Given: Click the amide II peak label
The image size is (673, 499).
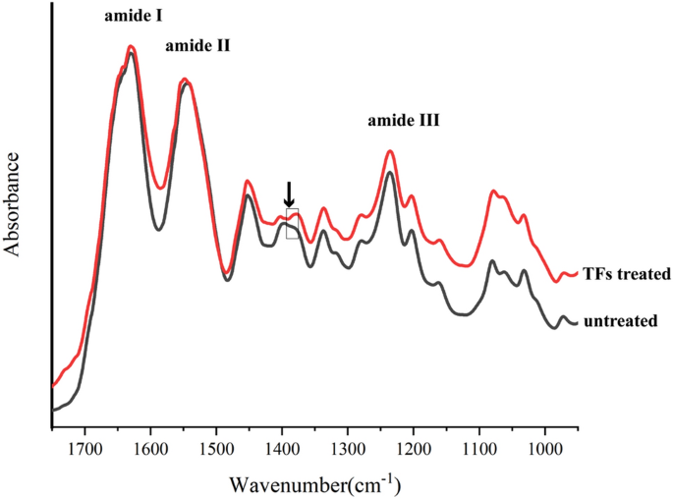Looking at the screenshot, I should pyautogui.click(x=196, y=44).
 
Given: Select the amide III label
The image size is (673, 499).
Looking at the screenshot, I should pyautogui.click(x=403, y=122).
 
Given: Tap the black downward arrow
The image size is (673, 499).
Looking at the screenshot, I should pyautogui.click(x=289, y=194).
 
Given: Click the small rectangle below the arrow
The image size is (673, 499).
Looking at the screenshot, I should pyautogui.click(x=292, y=223).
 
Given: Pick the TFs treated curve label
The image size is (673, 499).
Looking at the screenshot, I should pyautogui.click(x=626, y=274).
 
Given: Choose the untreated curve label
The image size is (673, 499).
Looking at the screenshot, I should pyautogui.click(x=619, y=321).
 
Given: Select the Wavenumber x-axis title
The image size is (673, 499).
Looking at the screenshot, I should pyautogui.click(x=314, y=482).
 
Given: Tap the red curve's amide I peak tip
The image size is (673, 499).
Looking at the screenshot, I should pyautogui.click(x=130, y=46).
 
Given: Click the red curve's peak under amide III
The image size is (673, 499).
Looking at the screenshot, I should pyautogui.click(x=390, y=151).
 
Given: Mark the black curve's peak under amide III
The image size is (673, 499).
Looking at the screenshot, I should pyautogui.click(x=390, y=173).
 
